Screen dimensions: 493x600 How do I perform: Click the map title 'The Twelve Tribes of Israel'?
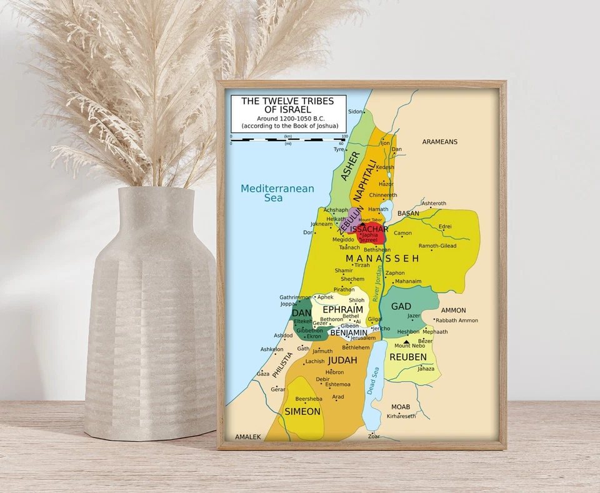[x=287, y=105]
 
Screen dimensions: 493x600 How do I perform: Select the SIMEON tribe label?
[x=302, y=412]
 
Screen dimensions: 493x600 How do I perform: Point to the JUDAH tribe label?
[x=342, y=361]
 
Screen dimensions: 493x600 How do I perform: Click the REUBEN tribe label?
[x=408, y=357]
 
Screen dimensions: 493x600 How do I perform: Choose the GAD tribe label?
[x=401, y=307]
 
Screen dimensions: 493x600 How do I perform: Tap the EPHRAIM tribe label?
[x=342, y=310]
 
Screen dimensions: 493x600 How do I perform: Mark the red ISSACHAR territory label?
[x=369, y=229]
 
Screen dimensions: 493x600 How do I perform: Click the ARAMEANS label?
[x=439, y=142]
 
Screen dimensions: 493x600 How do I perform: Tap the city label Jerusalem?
[x=363, y=338]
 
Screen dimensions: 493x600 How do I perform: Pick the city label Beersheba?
[x=308, y=399]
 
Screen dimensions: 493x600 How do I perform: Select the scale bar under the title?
[x=287, y=139]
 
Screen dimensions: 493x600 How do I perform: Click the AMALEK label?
[x=247, y=437]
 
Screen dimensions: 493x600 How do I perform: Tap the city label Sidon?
[x=354, y=111]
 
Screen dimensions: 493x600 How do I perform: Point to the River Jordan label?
[x=377, y=284]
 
